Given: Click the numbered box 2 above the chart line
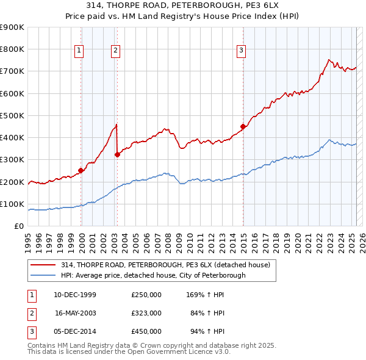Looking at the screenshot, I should coord(115,51).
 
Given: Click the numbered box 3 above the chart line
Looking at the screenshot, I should coord(242,51).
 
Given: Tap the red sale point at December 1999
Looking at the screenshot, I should coord(81,171).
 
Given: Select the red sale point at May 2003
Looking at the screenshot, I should coord(117,155).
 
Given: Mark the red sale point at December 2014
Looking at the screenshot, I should coord(243,126).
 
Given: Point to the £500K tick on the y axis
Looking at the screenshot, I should coord(12,115).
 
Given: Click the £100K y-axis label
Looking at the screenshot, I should coord(12,204).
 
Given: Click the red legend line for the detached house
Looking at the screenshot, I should coord(43,265).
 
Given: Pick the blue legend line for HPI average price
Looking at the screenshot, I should coord(43,275).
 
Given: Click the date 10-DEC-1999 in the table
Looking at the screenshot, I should coord(75,295).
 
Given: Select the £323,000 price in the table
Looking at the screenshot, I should coord(146,313).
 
